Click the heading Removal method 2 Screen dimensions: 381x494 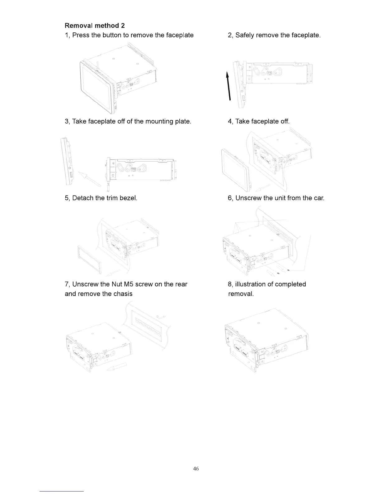(95, 26)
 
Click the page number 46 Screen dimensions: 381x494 (196, 469)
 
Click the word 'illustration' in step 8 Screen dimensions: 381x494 (253, 284)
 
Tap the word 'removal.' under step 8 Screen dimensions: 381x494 (241, 294)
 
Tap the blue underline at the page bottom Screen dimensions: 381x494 (62, 491)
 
